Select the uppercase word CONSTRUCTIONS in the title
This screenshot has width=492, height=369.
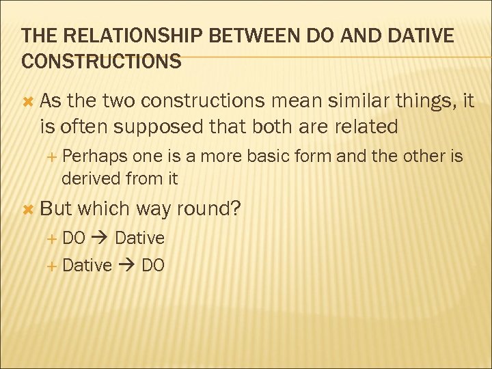(x=102, y=61)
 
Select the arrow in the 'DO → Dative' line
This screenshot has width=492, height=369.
(x=100, y=238)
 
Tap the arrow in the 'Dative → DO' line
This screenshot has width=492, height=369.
(x=126, y=265)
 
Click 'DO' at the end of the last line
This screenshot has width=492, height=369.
(x=153, y=265)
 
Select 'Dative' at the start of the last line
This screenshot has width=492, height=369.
(x=87, y=265)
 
